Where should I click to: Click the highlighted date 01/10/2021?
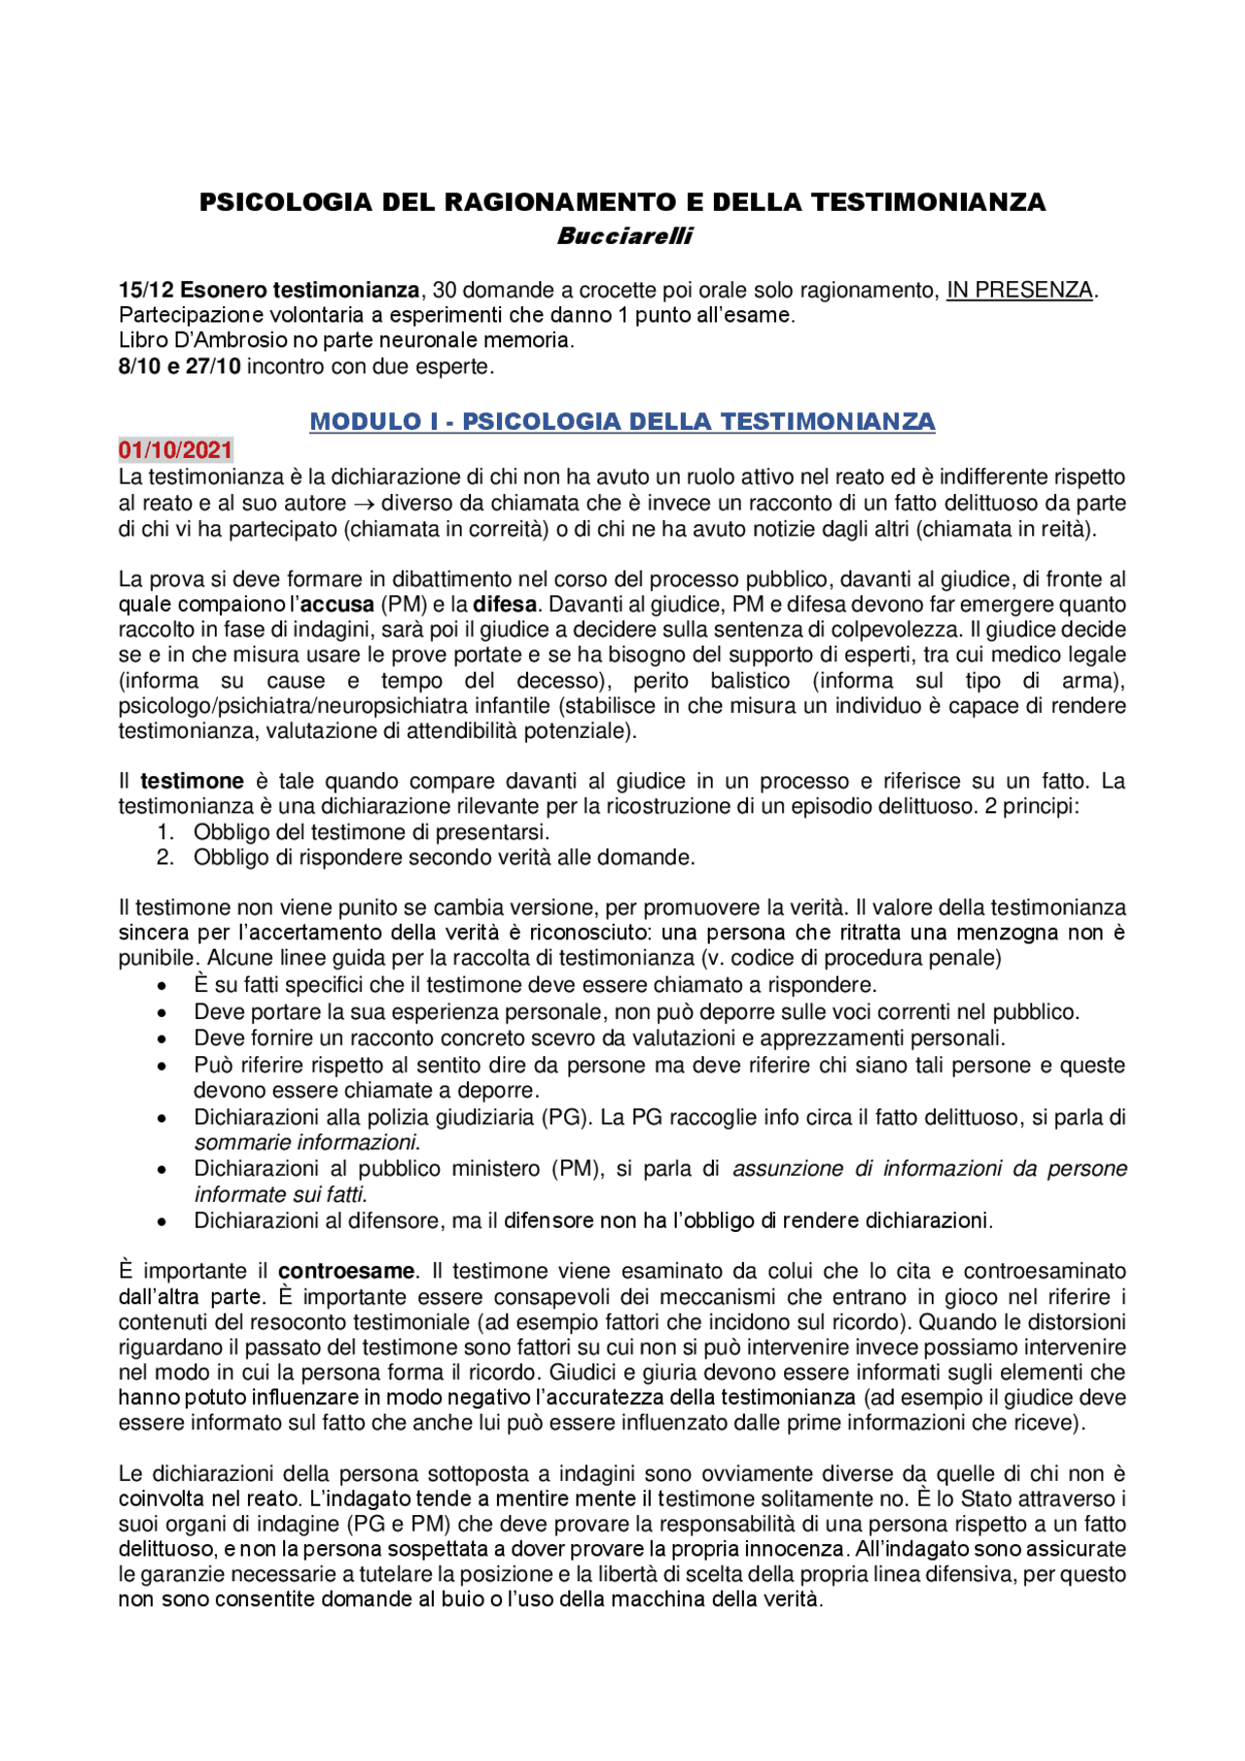coord(176,450)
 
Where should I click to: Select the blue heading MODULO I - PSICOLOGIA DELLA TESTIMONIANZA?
coord(622,422)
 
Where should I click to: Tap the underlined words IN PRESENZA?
coord(1020,290)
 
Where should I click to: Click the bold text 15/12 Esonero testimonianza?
coord(268,290)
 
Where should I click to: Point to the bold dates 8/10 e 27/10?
coord(179,367)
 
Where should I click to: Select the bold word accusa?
coord(337,605)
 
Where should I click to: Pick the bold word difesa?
coord(505,605)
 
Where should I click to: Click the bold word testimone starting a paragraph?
coord(192,782)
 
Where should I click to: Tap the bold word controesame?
coord(346,1272)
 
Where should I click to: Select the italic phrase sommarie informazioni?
coord(305,1144)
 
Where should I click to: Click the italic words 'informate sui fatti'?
coord(280,1195)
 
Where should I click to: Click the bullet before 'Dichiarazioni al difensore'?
coord(162,1222)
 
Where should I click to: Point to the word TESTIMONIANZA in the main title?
coord(928,202)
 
